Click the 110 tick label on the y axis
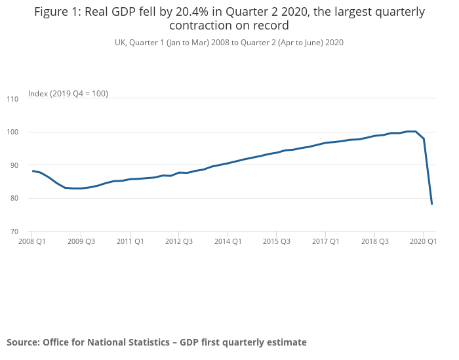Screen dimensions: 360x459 [12, 99]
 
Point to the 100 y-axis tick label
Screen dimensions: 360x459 [12, 132]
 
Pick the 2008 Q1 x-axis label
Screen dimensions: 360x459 [31, 241]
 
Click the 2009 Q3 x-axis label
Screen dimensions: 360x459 [81, 241]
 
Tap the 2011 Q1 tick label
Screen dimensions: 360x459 [130, 241]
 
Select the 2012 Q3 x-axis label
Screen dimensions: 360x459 [178, 241]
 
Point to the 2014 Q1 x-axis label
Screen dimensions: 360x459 [228, 241]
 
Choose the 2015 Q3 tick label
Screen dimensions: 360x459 [276, 241]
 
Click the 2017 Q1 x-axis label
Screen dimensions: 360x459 [325, 241]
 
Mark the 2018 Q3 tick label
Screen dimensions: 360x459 [374, 241]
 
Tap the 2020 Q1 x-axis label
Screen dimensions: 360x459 [423, 241]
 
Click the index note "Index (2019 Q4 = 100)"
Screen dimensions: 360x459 [68, 94]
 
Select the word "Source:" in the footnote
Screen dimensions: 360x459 [23, 342]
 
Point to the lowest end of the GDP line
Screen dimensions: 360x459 [432, 204]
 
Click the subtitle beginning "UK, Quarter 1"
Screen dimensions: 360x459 [229, 42]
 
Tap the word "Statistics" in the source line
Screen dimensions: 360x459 [147, 342]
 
